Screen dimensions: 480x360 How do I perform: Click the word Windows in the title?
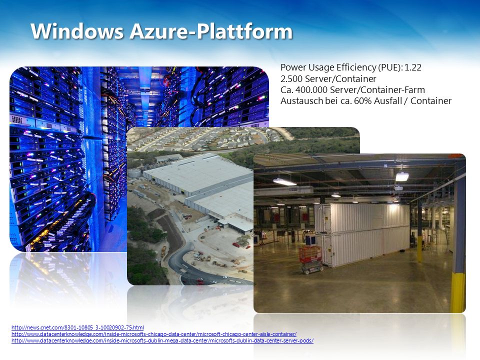point(77,31)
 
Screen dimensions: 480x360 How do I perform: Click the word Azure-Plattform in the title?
point(211,31)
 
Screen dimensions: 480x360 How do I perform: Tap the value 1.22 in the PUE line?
point(413,67)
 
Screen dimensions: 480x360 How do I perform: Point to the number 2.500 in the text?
point(291,78)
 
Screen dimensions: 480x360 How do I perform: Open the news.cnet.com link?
point(77,327)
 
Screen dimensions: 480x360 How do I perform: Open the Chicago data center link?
point(154,334)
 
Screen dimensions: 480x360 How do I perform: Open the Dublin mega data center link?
point(162,340)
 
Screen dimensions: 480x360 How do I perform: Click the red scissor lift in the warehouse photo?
point(311,259)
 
